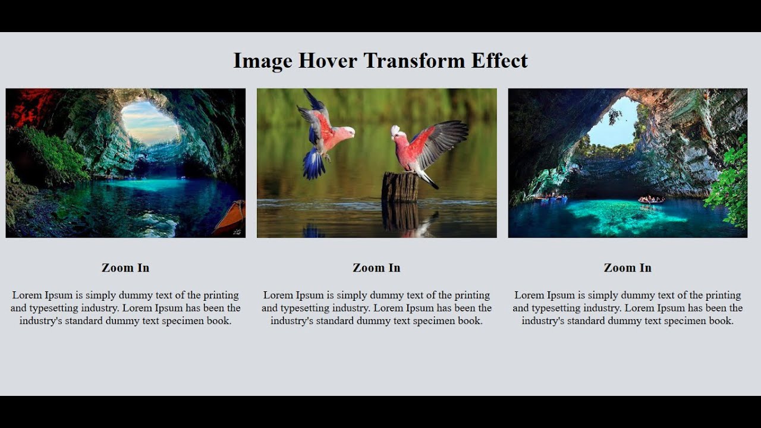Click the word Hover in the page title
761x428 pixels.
tap(328, 61)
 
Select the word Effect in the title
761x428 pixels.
tap(499, 61)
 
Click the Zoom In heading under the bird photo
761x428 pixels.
tap(376, 268)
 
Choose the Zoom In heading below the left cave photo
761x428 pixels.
tap(125, 268)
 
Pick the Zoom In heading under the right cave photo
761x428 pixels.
tap(627, 268)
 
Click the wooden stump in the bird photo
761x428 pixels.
tap(400, 187)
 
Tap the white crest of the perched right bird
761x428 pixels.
tap(395, 129)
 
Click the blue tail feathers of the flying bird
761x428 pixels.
tap(313, 165)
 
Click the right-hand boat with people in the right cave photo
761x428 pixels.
tap(651, 200)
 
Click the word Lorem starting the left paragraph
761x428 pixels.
tap(27, 295)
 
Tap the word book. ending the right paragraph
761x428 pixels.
tap(719, 321)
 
